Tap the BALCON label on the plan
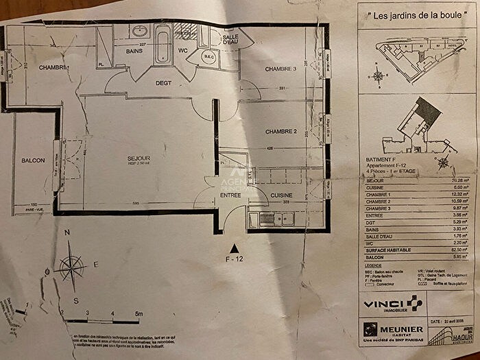[32, 160]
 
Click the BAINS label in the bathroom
[133, 49]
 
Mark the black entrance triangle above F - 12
[235, 247]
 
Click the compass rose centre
[69, 266]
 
